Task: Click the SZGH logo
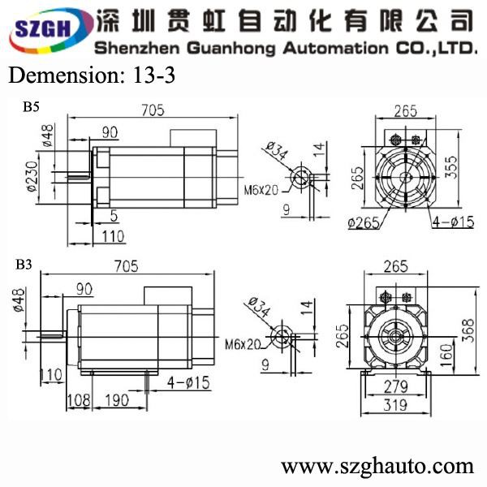click(x=50, y=31)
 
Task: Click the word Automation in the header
click(x=335, y=49)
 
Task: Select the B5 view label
click(x=31, y=107)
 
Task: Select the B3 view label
click(x=24, y=265)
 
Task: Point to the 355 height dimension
click(x=451, y=167)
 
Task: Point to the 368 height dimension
click(x=468, y=331)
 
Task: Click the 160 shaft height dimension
click(x=446, y=356)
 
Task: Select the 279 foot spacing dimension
click(x=396, y=386)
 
